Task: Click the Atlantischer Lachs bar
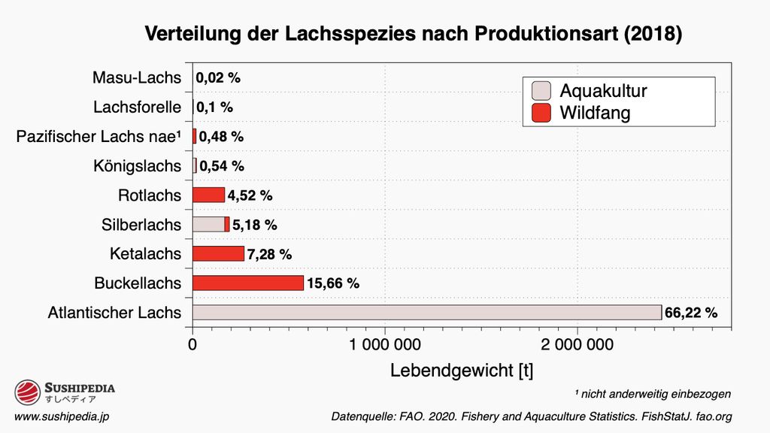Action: [x=426, y=312]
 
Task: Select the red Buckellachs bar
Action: [x=248, y=283]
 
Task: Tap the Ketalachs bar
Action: [x=218, y=253]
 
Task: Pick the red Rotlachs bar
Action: [x=208, y=195]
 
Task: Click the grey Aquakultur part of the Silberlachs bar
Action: [x=208, y=224]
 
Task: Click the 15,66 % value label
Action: [x=333, y=283]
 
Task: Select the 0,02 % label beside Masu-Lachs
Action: [x=218, y=77]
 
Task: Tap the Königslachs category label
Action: [x=138, y=165]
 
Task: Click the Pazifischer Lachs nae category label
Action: [x=99, y=137]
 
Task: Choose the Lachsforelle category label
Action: [x=137, y=107]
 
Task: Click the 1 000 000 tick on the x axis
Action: [x=384, y=345]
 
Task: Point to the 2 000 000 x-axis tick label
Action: [x=577, y=345]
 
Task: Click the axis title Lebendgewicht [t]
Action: [x=461, y=371]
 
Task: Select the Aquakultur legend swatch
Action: [x=541, y=91]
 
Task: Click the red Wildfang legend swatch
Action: [x=541, y=114]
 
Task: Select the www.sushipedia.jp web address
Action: [x=64, y=416]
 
